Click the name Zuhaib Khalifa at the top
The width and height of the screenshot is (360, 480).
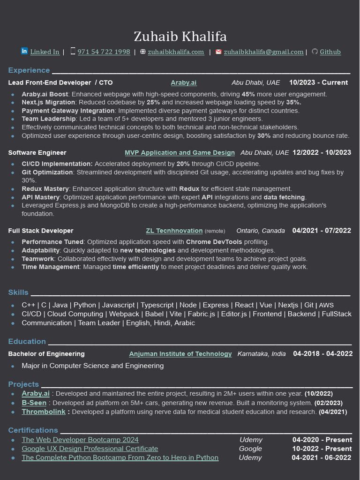click(180, 36)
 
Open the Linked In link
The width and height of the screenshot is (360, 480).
click(45, 52)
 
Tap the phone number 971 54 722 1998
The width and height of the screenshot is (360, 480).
click(104, 52)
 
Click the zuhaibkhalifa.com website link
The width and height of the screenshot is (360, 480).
click(176, 52)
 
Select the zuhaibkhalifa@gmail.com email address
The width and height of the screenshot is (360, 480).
click(263, 52)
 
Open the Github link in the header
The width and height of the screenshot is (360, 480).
click(330, 52)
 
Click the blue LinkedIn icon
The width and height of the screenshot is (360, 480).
click(24, 51)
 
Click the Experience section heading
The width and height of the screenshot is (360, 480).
click(29, 70)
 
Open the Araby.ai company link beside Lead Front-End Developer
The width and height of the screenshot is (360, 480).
click(184, 82)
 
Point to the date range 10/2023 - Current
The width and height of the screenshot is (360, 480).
click(318, 82)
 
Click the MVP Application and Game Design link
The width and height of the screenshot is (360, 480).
click(180, 153)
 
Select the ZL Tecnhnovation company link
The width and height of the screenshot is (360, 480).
click(174, 231)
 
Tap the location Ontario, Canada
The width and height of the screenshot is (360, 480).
click(261, 231)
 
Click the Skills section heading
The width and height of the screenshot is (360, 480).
click(18, 292)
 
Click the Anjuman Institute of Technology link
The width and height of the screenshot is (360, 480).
click(180, 354)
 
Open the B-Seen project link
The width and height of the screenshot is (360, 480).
click(34, 403)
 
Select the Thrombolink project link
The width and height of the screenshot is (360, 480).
click(44, 412)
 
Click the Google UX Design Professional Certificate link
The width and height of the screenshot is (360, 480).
click(90, 449)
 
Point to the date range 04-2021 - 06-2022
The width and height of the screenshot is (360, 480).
click(321, 457)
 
